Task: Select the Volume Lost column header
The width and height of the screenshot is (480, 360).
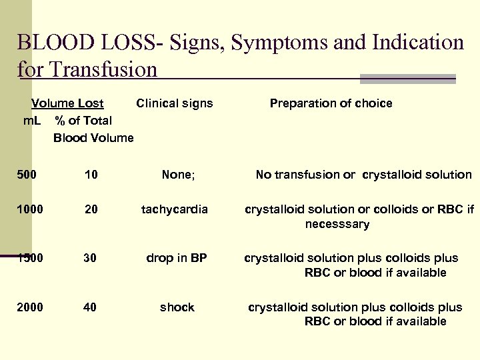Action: tap(67, 103)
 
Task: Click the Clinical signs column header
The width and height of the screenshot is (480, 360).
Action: tap(175, 103)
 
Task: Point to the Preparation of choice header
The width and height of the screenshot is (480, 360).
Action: tap(331, 103)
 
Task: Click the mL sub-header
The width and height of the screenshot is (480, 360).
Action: tap(32, 121)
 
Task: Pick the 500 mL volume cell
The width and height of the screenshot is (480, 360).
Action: tap(27, 175)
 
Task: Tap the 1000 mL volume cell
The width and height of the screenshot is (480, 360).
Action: tap(30, 209)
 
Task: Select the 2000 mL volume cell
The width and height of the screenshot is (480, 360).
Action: tap(30, 307)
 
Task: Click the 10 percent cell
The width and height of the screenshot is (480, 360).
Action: tap(91, 175)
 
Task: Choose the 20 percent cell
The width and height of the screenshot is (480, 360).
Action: tap(91, 209)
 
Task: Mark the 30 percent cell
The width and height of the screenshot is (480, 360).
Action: tap(91, 259)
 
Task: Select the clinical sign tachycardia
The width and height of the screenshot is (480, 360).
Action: tap(175, 209)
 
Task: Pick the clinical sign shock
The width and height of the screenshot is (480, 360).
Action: tap(177, 307)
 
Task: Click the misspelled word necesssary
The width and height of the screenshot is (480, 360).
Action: tap(337, 225)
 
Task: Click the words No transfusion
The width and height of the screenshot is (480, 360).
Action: tap(305, 175)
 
